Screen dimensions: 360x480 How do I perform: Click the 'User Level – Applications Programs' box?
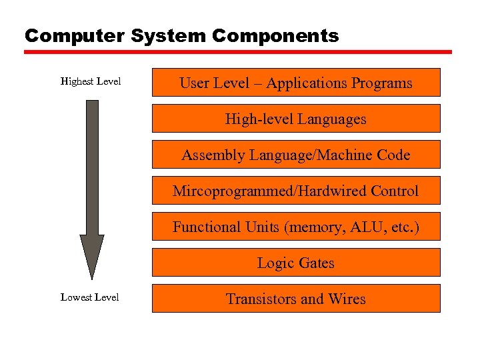[296, 83]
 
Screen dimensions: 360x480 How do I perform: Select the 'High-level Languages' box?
[296, 119]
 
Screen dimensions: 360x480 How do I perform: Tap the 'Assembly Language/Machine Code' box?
[296, 155]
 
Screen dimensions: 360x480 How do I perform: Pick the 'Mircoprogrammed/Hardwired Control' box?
[296, 191]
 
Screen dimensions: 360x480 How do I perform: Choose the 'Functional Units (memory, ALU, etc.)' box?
[296, 227]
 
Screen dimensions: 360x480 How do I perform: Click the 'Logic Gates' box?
[296, 263]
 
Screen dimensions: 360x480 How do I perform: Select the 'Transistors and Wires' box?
[296, 299]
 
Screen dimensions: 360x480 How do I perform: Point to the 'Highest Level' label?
[91, 81]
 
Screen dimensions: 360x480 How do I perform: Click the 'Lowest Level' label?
[90, 297]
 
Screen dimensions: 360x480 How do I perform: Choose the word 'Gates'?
[315, 263]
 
